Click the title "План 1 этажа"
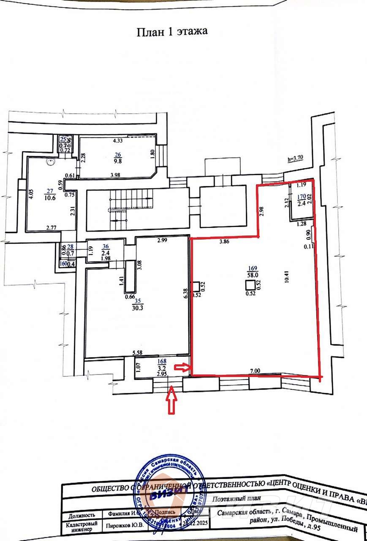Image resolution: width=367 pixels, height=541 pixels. pos(172,32)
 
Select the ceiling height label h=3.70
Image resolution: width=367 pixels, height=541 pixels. pos(295,159)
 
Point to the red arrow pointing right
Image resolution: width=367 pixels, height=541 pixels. pos(183,368)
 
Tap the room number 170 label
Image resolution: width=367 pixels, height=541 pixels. pos(301,197)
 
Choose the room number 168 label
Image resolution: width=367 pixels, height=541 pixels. pos(161,361)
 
